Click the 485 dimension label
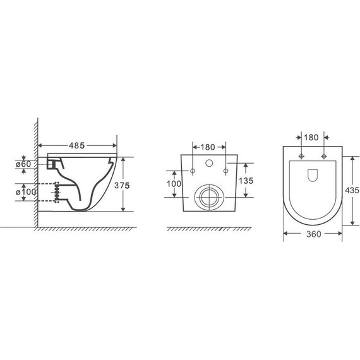[x=76, y=145]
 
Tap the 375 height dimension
[x=122, y=185]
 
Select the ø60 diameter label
[x=23, y=164]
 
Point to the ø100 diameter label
[x=26, y=192]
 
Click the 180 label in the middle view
[x=208, y=147]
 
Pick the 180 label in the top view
[x=311, y=138]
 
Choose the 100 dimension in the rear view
[x=174, y=184]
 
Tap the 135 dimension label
[x=246, y=181]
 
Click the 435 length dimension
[x=352, y=190]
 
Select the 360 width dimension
[x=313, y=234]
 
